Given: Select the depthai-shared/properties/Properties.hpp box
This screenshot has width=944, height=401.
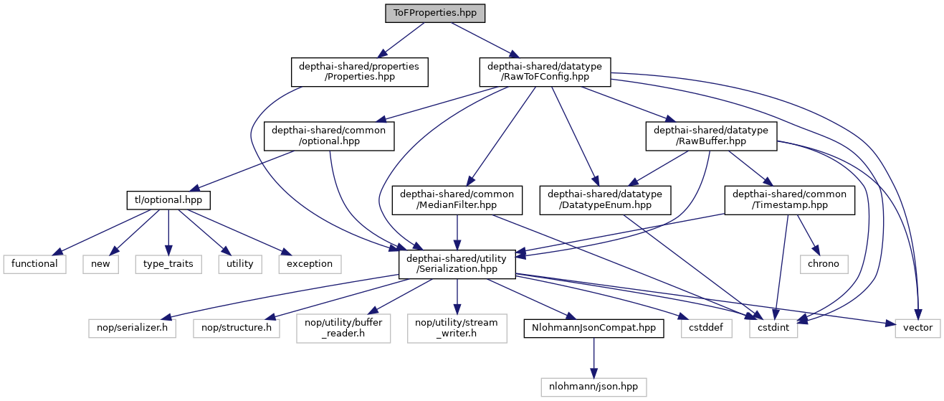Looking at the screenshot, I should point(359,72).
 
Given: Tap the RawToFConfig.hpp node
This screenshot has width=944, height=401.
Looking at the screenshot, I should point(545,72).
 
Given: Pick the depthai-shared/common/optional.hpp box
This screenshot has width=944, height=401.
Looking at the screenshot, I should point(329,136).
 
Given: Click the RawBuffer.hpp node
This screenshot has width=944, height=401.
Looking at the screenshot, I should point(711,136).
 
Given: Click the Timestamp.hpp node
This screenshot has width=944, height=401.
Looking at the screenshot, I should point(790,199).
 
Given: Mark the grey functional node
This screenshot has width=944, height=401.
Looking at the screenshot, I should point(34,263).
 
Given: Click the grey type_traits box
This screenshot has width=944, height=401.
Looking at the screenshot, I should point(167,263).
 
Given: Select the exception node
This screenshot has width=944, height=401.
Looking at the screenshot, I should point(310,263).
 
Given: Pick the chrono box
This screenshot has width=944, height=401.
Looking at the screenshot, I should point(824,263).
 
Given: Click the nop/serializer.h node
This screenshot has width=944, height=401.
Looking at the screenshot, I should point(132,327).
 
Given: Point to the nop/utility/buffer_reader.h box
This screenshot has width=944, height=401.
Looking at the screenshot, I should point(343,327).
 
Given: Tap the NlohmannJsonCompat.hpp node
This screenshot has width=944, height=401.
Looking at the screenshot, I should point(593,327).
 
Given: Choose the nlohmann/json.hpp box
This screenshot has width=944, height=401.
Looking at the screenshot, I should point(593,386).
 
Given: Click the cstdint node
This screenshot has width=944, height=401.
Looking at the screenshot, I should point(773,327).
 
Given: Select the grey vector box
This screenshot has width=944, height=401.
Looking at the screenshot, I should point(917,327).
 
